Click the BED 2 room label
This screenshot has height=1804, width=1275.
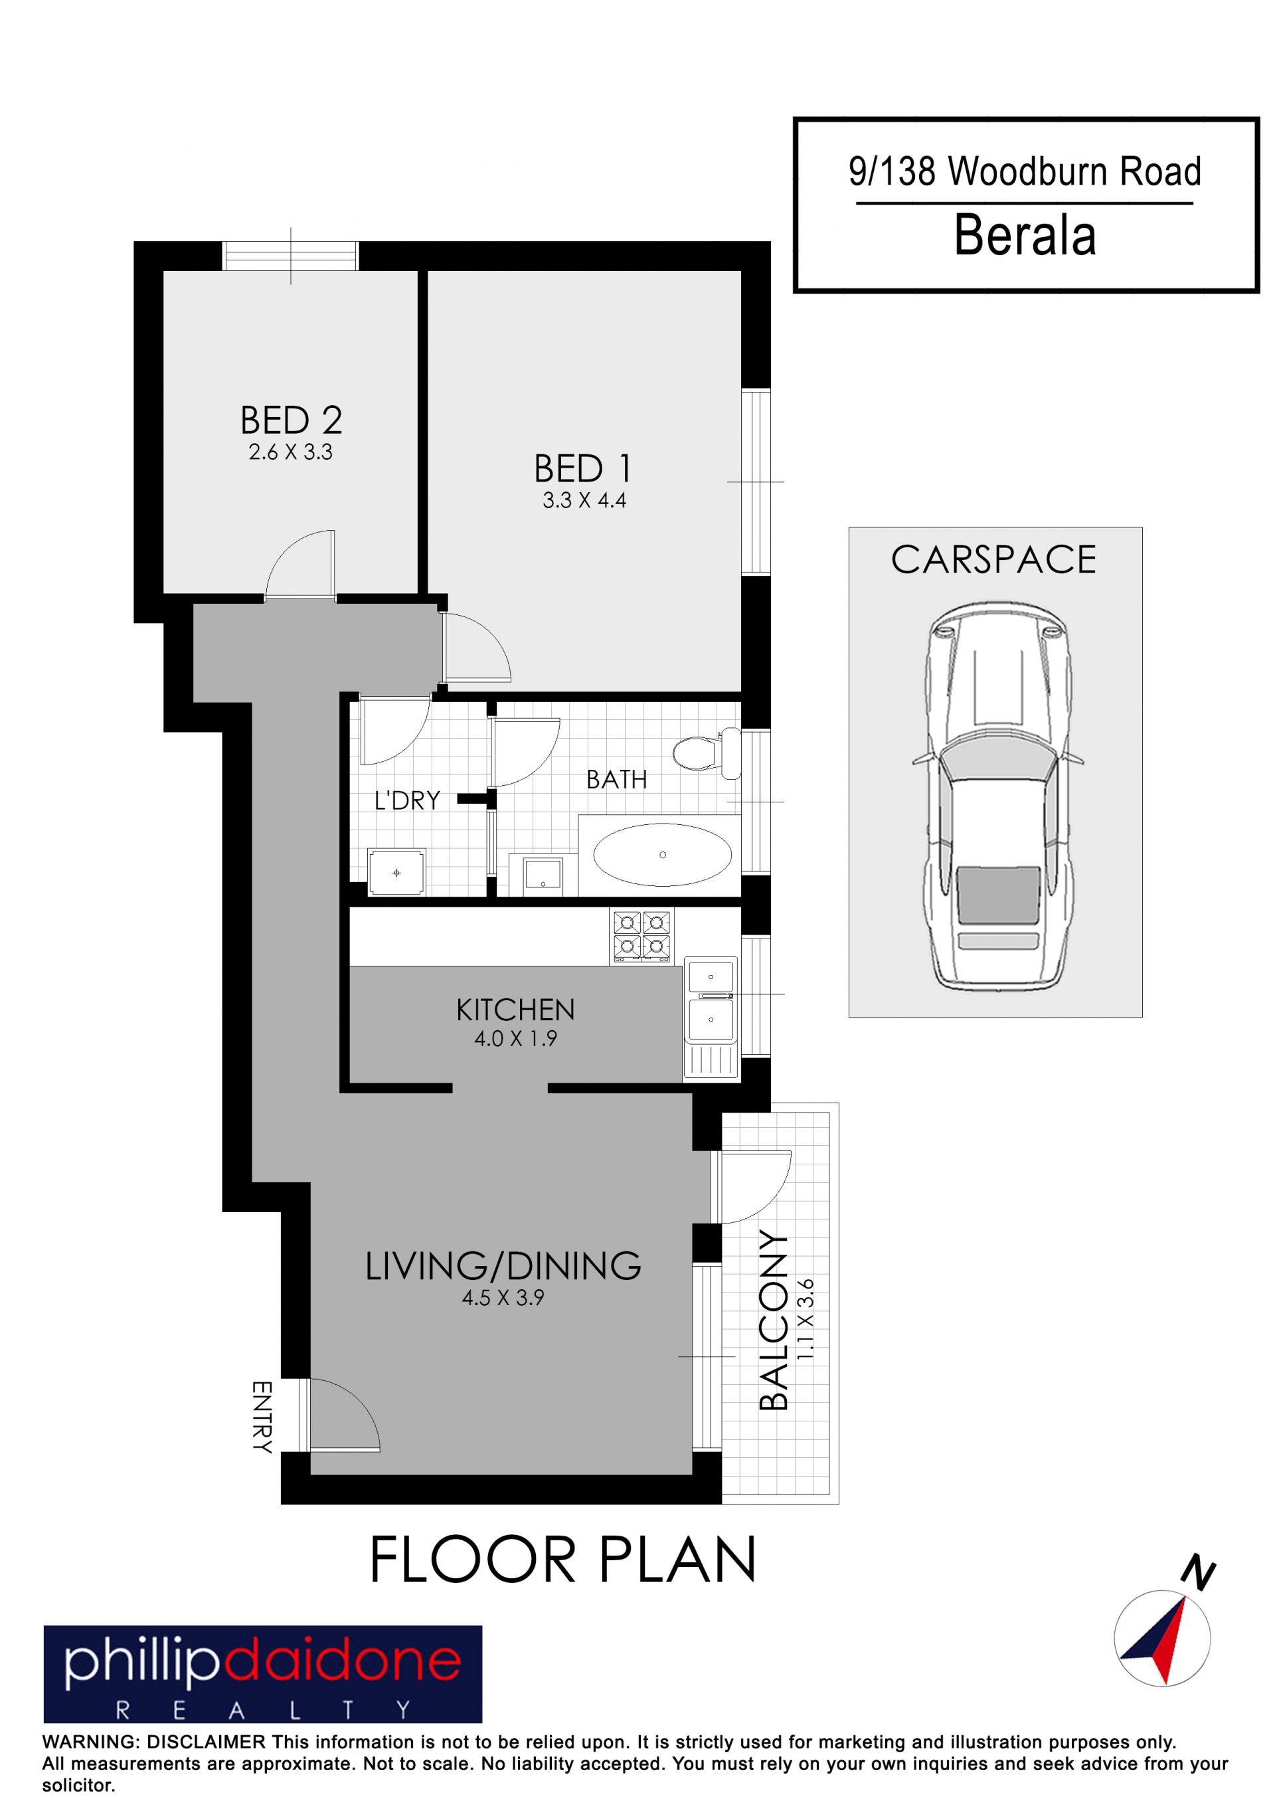click(292, 420)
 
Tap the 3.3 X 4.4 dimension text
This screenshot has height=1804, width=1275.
click(584, 501)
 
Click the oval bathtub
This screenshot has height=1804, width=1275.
click(662, 854)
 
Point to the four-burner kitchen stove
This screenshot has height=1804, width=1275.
click(642, 936)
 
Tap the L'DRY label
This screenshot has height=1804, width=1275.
click(407, 800)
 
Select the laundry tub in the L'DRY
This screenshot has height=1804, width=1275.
click(396, 872)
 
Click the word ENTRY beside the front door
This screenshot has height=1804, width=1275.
click(262, 1417)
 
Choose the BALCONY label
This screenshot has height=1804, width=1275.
click(774, 1320)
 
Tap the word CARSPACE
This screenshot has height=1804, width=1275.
click(993, 559)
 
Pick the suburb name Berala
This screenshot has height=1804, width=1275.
click(1025, 235)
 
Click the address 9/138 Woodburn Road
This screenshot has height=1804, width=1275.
click(1025, 171)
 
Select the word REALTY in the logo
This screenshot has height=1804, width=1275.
click(263, 1710)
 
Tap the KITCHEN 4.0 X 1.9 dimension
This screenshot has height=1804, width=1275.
click(515, 1039)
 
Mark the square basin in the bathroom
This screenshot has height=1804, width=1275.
click(543, 875)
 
